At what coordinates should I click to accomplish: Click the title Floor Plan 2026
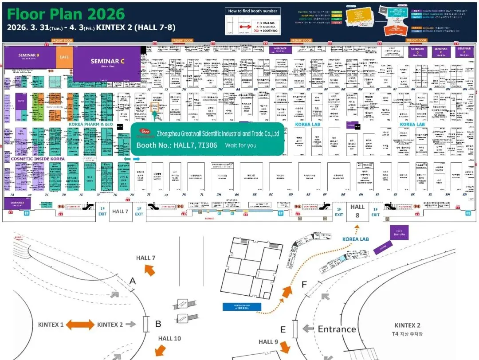pyautogui.click(x=66, y=14)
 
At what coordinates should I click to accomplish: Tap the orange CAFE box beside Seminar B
pyautogui.click(x=63, y=57)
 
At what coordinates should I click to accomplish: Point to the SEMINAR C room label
pyautogui.click(x=107, y=62)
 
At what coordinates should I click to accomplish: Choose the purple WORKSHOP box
pyautogui.click(x=280, y=49)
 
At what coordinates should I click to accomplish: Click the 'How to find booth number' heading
pyautogui.click(x=252, y=11)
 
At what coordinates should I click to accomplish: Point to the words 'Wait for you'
pyautogui.click(x=240, y=145)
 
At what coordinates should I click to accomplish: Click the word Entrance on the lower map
pyautogui.click(x=337, y=329)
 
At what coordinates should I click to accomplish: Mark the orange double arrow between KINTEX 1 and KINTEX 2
pyautogui.click(x=80, y=325)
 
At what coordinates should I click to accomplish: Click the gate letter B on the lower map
pyautogui.click(x=158, y=324)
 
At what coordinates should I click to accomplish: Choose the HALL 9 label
pyautogui.click(x=268, y=342)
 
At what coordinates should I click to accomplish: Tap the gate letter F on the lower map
pyautogui.click(x=304, y=284)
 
